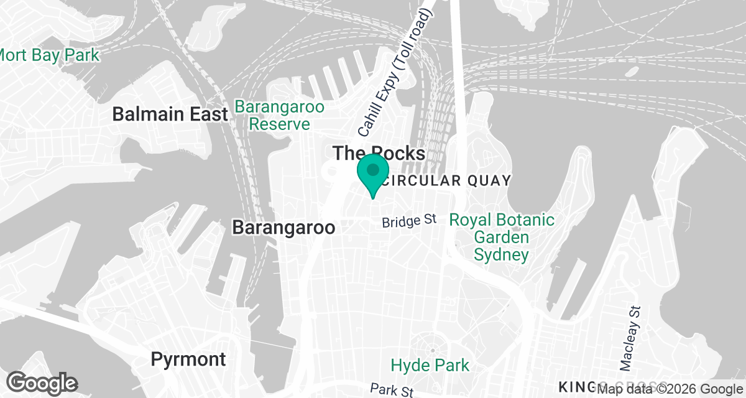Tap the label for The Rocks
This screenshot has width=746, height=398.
point(379,153)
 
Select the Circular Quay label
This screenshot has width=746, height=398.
point(446,181)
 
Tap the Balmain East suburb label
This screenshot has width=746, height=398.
point(170,114)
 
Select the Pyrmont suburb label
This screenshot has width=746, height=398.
point(188,359)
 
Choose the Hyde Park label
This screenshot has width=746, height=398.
point(430,364)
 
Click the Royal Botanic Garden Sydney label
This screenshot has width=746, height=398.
point(502,237)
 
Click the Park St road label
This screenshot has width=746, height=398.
point(391,390)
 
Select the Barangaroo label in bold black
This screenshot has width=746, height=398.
point(283,227)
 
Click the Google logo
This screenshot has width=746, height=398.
point(42,382)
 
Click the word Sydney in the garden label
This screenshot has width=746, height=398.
point(501,254)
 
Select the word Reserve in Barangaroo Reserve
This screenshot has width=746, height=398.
point(279,124)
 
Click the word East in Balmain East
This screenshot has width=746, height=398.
point(206,114)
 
